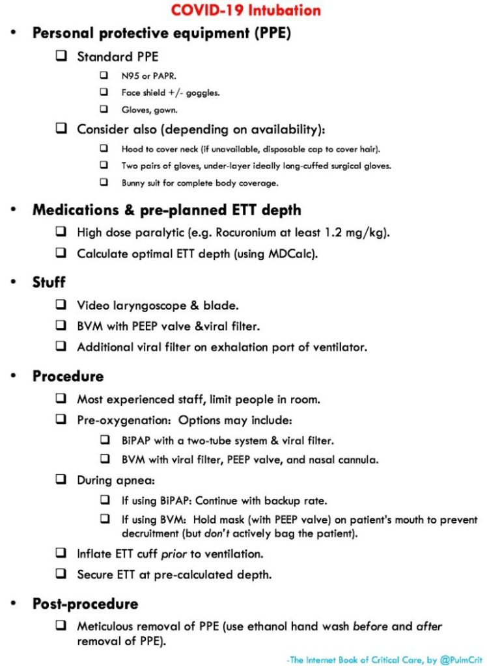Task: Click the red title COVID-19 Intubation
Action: coord(245,10)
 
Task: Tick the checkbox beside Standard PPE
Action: coord(61,56)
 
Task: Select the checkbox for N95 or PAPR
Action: coord(104,75)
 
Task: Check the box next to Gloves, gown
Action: coord(104,109)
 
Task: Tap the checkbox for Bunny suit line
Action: coord(104,183)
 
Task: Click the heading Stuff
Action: coord(49,282)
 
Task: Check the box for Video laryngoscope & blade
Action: coord(61,304)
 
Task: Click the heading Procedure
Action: coord(68,377)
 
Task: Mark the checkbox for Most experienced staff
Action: coord(61,399)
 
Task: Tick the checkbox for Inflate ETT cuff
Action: coord(61,553)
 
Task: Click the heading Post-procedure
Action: coord(85,604)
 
